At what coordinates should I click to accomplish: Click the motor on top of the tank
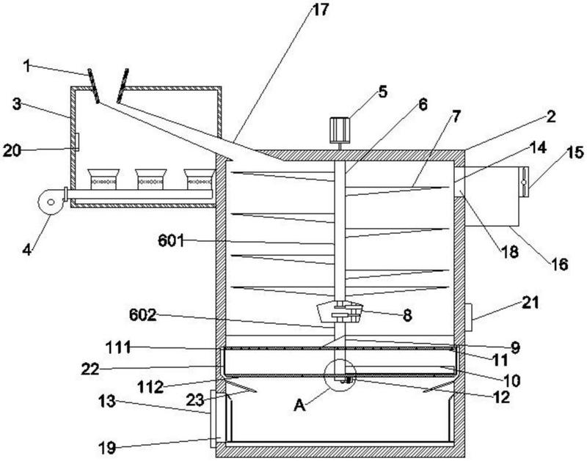point(340,130)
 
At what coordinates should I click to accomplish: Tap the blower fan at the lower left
point(51,202)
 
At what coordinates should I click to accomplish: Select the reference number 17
point(320,10)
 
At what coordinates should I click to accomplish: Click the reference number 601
point(171,240)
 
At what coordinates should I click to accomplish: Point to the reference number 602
point(142,315)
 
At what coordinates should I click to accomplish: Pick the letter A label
point(299,405)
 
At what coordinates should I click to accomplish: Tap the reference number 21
point(531,303)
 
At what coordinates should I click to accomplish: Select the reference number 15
point(575,152)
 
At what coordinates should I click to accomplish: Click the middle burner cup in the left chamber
point(150,179)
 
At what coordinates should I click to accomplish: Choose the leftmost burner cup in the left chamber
point(103,179)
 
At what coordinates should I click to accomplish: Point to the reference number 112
point(150,387)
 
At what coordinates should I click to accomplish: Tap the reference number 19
point(107,447)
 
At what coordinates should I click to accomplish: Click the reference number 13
point(107,402)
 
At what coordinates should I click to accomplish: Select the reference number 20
point(12,151)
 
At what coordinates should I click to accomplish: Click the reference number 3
point(16,104)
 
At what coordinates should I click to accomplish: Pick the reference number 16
point(560,265)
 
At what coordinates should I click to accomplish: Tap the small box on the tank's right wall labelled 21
point(468,317)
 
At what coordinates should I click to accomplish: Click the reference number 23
point(195,399)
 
